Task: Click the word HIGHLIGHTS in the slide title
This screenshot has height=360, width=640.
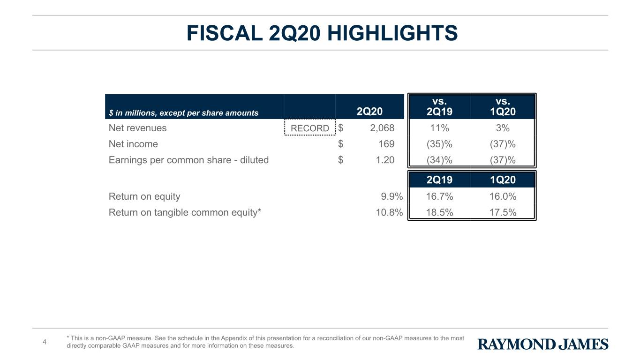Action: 392,33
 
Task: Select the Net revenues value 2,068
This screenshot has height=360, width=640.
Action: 382,127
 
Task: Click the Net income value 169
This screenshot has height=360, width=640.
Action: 386,144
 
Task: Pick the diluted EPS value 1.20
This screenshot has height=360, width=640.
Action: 385,160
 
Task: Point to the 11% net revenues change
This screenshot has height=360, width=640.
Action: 439,127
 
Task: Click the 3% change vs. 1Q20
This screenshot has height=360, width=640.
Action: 503,127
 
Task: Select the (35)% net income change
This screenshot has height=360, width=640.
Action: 439,144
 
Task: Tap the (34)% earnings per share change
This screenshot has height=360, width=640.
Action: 439,160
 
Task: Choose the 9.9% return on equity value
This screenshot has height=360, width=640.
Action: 392,196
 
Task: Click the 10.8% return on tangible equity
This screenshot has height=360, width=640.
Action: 389,212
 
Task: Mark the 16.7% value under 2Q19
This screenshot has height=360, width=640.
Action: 439,196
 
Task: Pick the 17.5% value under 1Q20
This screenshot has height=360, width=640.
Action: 503,212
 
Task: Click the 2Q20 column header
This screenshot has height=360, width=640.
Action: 369,111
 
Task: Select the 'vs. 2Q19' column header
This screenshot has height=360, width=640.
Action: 439,106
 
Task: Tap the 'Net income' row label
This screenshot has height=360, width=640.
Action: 133,144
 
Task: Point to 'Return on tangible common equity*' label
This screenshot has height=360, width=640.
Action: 185,212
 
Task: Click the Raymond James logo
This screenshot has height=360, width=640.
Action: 542,344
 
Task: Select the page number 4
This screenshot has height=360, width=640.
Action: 44,342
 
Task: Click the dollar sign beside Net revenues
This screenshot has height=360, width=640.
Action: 340,127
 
